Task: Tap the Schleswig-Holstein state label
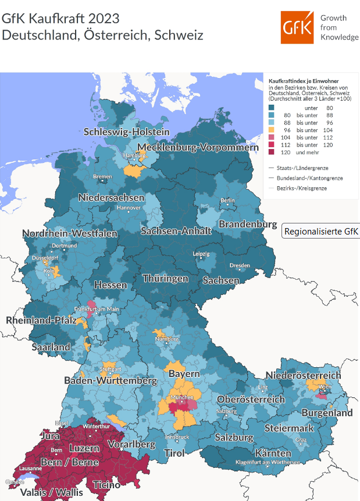click(126, 132)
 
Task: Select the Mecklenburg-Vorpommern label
click(198, 147)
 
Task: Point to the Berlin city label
click(227, 201)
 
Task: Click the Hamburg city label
click(133, 156)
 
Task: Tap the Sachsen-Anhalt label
click(176, 230)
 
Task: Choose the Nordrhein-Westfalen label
click(70, 233)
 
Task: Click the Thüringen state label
click(165, 278)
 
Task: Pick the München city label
click(181, 398)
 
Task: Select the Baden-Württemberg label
click(111, 381)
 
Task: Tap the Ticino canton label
click(106, 484)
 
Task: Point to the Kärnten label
click(273, 453)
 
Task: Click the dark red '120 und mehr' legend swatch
click(272, 152)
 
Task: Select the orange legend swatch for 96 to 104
click(272, 130)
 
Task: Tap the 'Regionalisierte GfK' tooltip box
click(320, 231)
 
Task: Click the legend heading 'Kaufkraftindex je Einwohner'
click(302, 81)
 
